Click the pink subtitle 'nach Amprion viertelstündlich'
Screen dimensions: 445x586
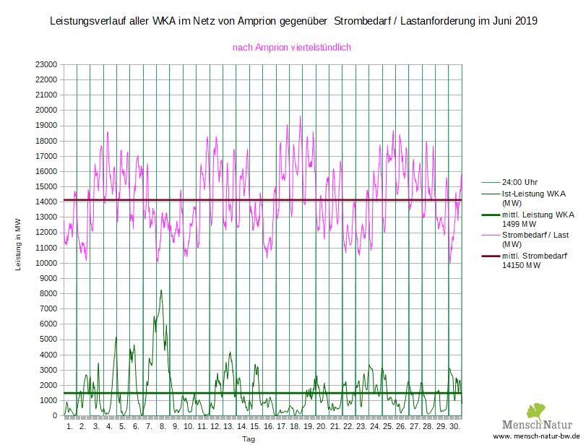pos(291,48)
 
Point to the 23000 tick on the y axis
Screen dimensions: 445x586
pos(46,64)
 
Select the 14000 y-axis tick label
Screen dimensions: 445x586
pos(46,202)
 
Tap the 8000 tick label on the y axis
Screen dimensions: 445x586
pos(48,293)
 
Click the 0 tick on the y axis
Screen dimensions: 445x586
pos(55,416)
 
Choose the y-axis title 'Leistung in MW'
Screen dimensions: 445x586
pos(19,246)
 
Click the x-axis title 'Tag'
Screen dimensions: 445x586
pos(248,438)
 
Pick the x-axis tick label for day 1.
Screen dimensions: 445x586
pos(69,427)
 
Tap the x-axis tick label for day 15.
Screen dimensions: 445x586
pos(254,427)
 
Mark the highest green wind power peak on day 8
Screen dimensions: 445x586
pos(161,290)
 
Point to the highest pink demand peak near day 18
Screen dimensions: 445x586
pos(301,116)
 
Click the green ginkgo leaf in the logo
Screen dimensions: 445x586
pos(535,410)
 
